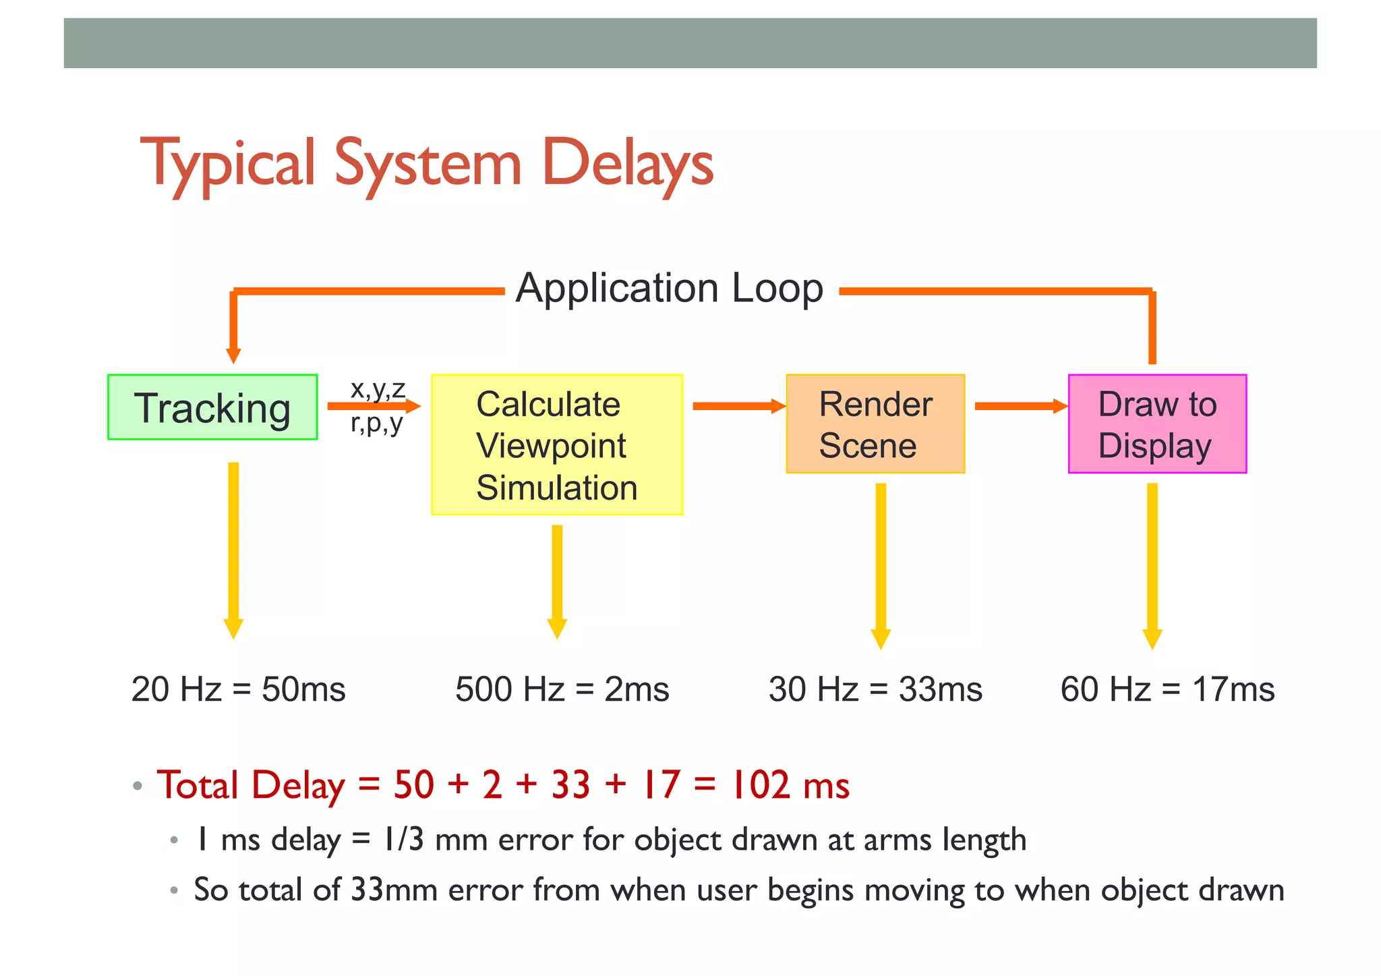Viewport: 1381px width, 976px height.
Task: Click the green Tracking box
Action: (212, 407)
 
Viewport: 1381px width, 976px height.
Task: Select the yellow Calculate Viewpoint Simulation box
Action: (557, 445)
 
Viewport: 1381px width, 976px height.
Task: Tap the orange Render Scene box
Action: (875, 424)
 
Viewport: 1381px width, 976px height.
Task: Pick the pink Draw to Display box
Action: (1157, 424)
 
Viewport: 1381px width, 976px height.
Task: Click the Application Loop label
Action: (669, 289)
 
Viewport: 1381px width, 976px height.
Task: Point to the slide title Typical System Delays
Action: (426, 163)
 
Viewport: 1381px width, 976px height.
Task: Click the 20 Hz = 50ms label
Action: (238, 689)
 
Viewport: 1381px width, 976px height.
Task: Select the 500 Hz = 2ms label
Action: (562, 689)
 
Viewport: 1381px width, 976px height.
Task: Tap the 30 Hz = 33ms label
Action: (875, 689)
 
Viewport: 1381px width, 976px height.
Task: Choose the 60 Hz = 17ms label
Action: (1167, 689)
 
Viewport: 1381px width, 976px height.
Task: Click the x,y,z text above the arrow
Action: (378, 389)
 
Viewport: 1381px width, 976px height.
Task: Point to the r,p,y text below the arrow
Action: (376, 424)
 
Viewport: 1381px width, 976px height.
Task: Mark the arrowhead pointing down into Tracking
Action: (233, 355)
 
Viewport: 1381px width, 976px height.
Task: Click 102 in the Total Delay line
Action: (761, 785)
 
